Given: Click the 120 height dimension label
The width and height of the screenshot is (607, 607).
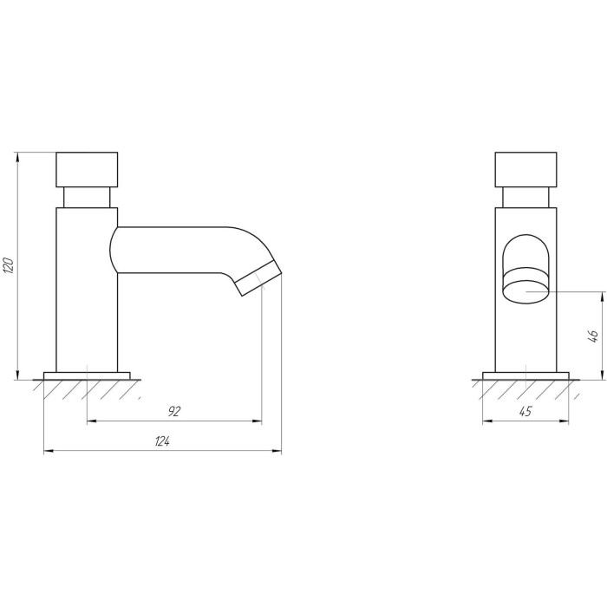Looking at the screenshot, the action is tap(9, 265).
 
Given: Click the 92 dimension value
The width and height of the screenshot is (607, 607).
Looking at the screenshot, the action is tap(174, 411).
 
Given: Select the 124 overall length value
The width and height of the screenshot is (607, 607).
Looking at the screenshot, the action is tap(162, 441).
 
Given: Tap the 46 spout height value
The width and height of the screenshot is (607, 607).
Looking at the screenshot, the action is tap(592, 336).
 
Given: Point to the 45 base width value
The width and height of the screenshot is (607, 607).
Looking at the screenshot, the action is tap(525, 411).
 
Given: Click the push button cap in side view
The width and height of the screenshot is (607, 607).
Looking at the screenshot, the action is tap(87, 170).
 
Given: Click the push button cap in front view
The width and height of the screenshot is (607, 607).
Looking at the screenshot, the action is tap(525, 170).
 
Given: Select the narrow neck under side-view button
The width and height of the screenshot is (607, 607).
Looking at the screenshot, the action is tap(87, 198).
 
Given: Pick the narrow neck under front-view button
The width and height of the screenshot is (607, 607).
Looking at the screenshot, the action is tap(525, 198).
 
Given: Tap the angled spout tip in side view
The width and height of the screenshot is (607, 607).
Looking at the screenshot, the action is tap(258, 278).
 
